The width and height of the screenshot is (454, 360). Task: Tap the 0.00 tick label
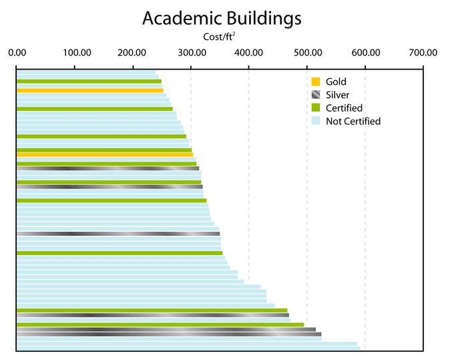(x=17, y=52)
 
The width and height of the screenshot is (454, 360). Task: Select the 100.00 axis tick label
(x=75, y=52)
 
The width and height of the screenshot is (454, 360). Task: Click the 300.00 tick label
(x=191, y=52)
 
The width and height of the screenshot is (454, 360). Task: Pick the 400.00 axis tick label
(x=249, y=52)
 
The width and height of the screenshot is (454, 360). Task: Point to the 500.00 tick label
(x=307, y=52)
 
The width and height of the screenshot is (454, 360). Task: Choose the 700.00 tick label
(x=423, y=52)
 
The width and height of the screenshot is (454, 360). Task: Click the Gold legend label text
(x=336, y=81)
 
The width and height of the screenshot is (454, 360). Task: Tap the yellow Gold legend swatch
(x=316, y=81)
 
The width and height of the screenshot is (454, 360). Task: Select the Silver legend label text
(x=337, y=95)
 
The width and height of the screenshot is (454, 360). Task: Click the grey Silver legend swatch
(x=316, y=95)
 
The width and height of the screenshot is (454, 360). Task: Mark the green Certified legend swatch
(x=316, y=108)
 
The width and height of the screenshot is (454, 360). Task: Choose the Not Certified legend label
(x=353, y=121)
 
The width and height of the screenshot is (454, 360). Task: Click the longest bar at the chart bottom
(x=187, y=348)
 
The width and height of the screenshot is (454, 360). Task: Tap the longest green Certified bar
(x=160, y=325)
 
